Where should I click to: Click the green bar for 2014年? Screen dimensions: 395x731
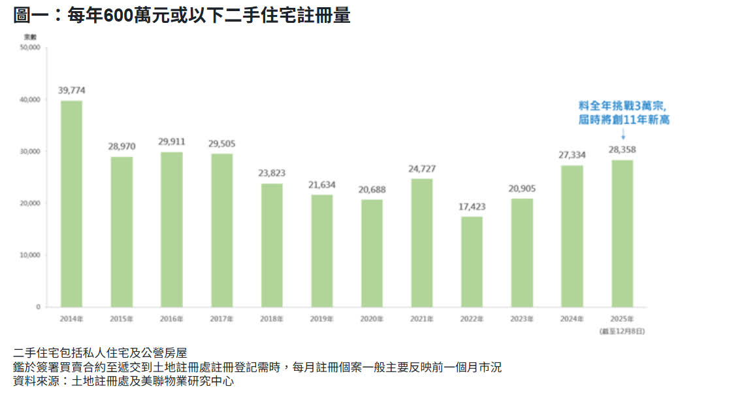click(x=71, y=203)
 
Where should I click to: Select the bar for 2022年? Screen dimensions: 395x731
click(x=472, y=262)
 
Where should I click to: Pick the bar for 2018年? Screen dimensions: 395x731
click(x=272, y=245)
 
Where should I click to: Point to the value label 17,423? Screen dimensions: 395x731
click(x=472, y=206)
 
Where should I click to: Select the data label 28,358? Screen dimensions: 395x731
click(x=622, y=150)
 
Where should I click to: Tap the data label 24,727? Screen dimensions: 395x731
click(x=422, y=169)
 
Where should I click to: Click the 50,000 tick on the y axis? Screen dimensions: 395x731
click(x=31, y=48)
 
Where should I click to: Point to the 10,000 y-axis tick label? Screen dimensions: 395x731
click(x=31, y=255)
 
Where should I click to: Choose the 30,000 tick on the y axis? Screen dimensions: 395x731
click(x=31, y=151)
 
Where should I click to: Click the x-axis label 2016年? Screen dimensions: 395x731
click(x=172, y=319)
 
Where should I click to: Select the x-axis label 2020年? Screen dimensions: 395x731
click(x=372, y=319)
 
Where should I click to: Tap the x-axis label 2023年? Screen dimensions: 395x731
click(x=522, y=319)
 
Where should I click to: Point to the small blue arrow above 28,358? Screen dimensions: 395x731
click(x=623, y=134)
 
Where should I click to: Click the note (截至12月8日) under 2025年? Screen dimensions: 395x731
click(x=622, y=332)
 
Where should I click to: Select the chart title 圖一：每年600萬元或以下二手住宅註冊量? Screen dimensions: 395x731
click(x=182, y=15)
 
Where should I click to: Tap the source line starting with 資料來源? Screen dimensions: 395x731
click(x=123, y=381)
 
